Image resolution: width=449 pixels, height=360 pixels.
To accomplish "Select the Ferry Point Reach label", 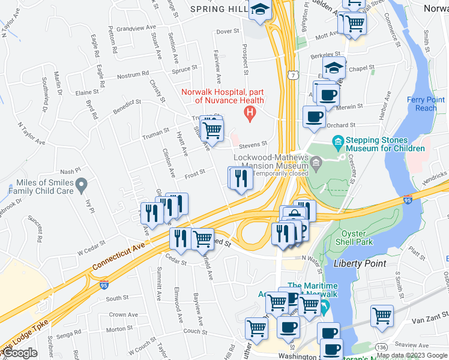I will pyautogui.click(x=422, y=104).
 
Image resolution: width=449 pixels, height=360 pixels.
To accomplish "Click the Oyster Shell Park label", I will pyautogui.click(x=357, y=238).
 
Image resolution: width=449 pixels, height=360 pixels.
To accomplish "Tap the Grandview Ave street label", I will pyautogui.click(x=136, y=28).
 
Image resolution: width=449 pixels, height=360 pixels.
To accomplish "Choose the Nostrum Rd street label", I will pyautogui.click(x=132, y=74).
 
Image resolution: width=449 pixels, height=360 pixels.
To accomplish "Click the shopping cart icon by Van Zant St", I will pyautogui.click(x=382, y=314).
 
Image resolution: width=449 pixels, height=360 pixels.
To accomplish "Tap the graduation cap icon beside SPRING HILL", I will pyautogui.click(x=261, y=9).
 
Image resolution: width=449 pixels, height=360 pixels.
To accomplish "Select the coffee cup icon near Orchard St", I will pyautogui.click(x=314, y=116).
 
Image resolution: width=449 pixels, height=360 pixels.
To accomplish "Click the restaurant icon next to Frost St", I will pyautogui.click(x=241, y=178).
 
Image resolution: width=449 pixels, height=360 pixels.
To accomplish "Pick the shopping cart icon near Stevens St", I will pyautogui.click(x=211, y=128).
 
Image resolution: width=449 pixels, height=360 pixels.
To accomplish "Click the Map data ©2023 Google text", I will pyautogui.click(x=412, y=355).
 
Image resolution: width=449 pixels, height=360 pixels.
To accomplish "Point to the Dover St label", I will pyautogui.click(x=228, y=31).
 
